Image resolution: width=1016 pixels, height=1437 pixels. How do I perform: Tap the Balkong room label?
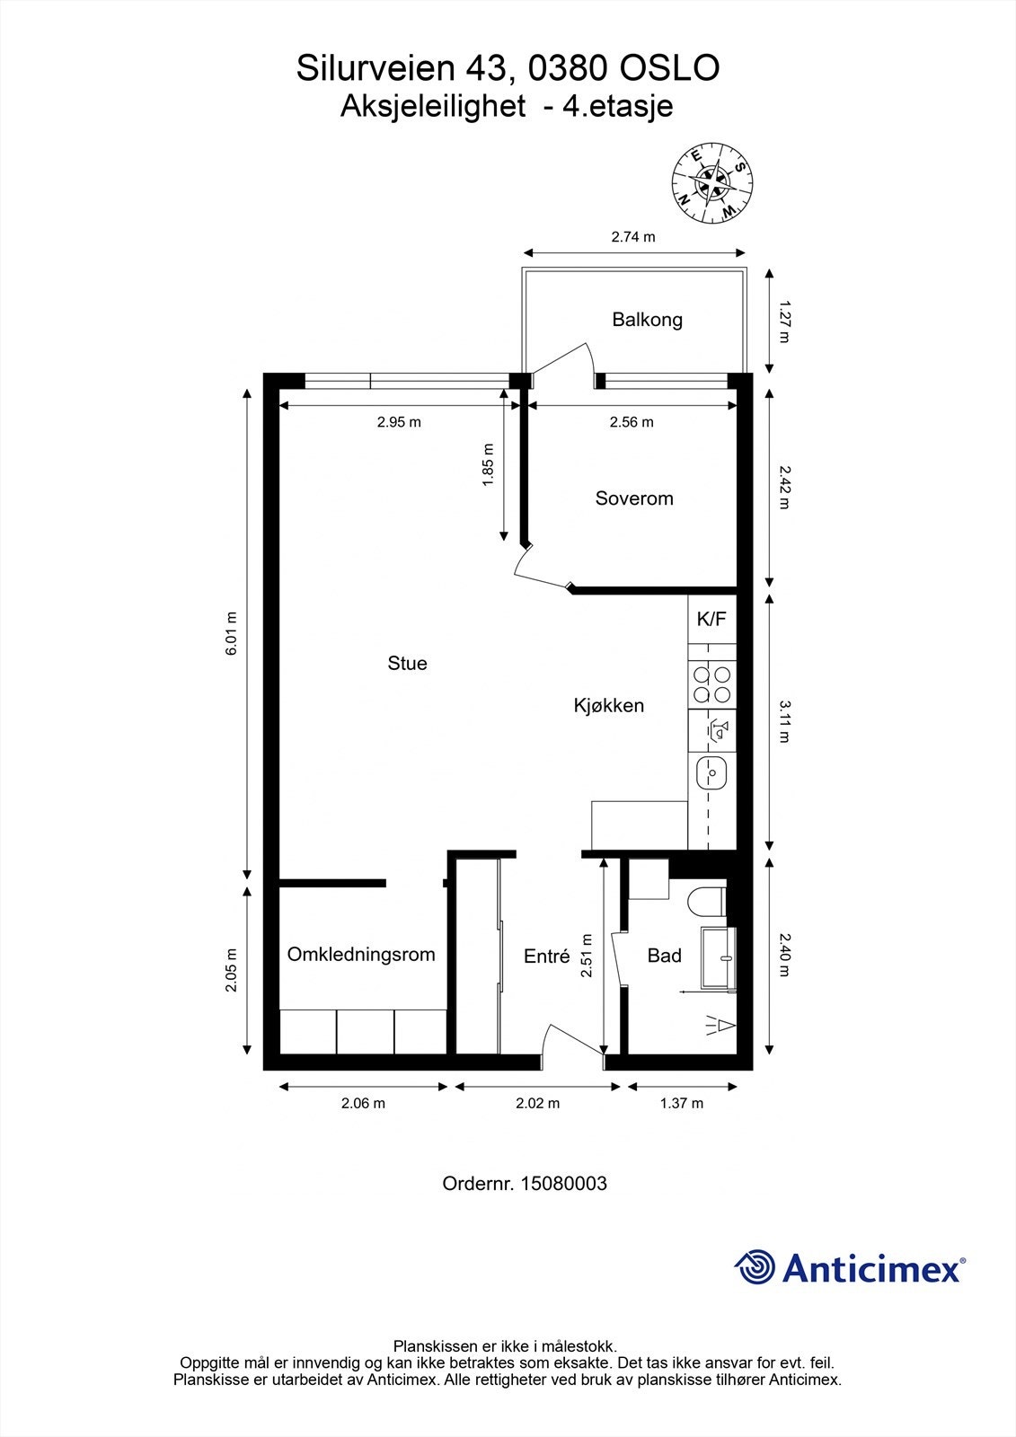tap(647, 319)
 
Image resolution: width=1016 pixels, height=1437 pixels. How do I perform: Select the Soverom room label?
tap(633, 498)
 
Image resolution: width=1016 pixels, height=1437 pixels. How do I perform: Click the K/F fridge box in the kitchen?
tap(711, 619)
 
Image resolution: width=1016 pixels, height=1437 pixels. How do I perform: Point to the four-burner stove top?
tap(711, 684)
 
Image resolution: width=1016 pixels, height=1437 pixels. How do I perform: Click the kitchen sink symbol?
tap(711, 772)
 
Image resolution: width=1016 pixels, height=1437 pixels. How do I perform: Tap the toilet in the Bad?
tap(706, 901)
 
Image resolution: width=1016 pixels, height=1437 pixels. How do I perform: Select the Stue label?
tap(407, 664)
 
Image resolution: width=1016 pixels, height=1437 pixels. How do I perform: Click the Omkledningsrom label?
tap(361, 955)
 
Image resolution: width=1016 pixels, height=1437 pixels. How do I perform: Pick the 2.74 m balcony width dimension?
tap(633, 237)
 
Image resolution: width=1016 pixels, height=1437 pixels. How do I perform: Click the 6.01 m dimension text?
tap(232, 634)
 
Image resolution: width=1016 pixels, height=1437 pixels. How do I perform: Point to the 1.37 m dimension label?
tap(682, 1103)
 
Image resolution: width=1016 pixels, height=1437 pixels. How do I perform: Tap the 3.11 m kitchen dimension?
tap(783, 721)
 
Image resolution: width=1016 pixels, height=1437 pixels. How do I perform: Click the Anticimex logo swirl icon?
tap(755, 1267)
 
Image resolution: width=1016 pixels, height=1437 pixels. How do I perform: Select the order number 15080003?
tap(561, 1184)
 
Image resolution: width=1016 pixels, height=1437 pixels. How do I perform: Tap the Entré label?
tap(546, 957)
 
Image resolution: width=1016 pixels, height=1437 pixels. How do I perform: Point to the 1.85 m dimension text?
tap(488, 464)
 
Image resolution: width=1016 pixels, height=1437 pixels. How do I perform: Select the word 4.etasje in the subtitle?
tap(616, 106)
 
